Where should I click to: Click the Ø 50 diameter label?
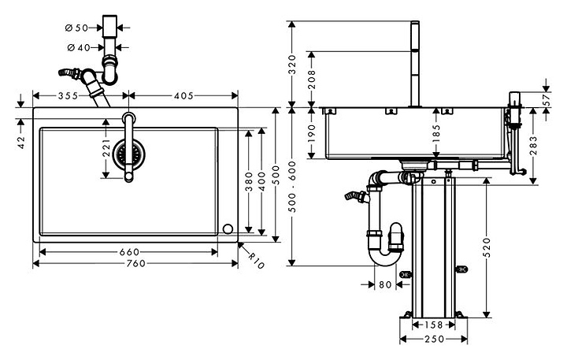click(76, 28)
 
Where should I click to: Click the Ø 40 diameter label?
click(79, 47)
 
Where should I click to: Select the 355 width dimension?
click(68, 95)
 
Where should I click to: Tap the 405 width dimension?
click(183, 95)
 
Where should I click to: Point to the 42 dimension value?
click(21, 143)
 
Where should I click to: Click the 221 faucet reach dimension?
click(106, 147)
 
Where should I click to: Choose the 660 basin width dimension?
click(129, 252)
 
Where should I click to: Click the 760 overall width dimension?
click(135, 263)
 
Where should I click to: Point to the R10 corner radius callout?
click(257, 261)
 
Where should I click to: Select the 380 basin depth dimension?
click(248, 182)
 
